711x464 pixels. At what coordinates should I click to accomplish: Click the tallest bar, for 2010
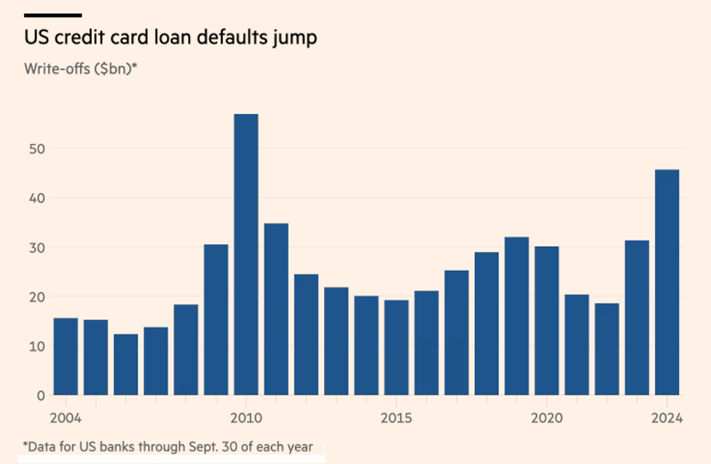coord(246,254)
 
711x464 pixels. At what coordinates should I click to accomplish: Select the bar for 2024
coord(667,282)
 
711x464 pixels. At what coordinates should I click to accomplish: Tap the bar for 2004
coord(65,356)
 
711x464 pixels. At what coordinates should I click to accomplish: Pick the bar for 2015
coord(397,347)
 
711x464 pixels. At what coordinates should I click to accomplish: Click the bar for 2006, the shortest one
coord(126,365)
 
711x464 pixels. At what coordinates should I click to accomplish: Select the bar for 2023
coord(637,318)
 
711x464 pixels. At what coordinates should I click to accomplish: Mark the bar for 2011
coord(276,309)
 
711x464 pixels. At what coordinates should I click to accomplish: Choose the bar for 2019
coord(516,316)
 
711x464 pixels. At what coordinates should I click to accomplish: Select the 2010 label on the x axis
coord(246,418)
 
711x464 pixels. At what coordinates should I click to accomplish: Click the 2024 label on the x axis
coord(667,418)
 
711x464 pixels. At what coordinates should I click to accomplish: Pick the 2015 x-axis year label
coord(397,418)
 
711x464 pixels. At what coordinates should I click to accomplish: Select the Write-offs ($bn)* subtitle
coord(80,69)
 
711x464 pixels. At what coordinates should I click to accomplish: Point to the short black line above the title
coord(53,15)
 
